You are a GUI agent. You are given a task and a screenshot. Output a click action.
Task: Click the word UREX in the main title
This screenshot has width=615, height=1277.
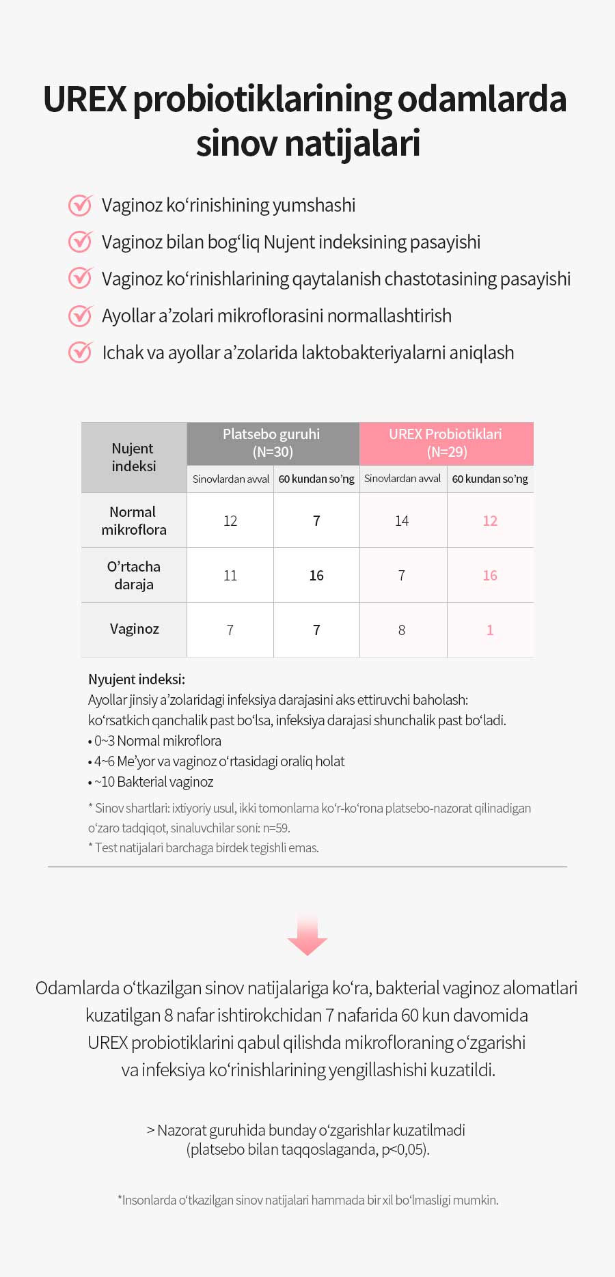tap(85, 100)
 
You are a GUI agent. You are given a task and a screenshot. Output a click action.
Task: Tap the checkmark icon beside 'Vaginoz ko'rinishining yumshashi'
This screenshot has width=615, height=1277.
tap(81, 205)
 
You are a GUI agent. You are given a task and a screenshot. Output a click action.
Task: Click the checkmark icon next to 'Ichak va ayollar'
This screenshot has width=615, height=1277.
tap(81, 352)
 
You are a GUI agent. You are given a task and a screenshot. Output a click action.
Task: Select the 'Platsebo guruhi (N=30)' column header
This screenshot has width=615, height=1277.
tap(273, 443)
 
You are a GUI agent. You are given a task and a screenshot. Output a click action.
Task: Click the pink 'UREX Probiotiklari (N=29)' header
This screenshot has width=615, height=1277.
tap(446, 443)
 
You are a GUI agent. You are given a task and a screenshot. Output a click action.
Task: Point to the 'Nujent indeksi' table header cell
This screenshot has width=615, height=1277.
tap(134, 457)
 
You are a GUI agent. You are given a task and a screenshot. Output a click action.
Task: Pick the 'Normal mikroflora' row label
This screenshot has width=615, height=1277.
tap(134, 520)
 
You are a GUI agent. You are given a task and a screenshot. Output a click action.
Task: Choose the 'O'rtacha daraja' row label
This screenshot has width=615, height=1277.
tap(134, 575)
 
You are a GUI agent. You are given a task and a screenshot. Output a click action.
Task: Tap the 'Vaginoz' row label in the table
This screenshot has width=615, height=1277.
tap(134, 629)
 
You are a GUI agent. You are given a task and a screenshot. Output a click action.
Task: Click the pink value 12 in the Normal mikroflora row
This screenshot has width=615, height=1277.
tap(490, 520)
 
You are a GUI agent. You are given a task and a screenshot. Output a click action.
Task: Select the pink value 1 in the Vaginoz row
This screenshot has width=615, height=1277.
tap(490, 630)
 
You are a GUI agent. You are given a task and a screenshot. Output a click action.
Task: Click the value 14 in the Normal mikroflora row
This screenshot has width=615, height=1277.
tap(402, 521)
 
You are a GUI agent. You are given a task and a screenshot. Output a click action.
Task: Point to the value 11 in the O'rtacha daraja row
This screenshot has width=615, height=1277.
tap(230, 576)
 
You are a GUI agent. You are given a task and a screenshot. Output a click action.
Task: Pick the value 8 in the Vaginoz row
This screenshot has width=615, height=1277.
tap(402, 630)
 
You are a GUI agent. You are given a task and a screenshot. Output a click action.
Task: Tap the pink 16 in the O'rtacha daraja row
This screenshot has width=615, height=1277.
tap(490, 576)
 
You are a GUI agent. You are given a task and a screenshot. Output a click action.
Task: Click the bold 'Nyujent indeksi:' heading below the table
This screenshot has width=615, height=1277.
tap(137, 679)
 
